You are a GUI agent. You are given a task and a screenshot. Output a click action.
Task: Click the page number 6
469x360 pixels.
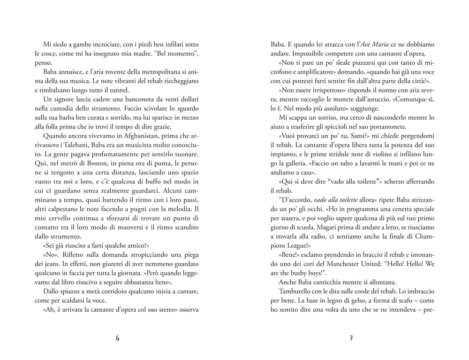click(x=117, y=339)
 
